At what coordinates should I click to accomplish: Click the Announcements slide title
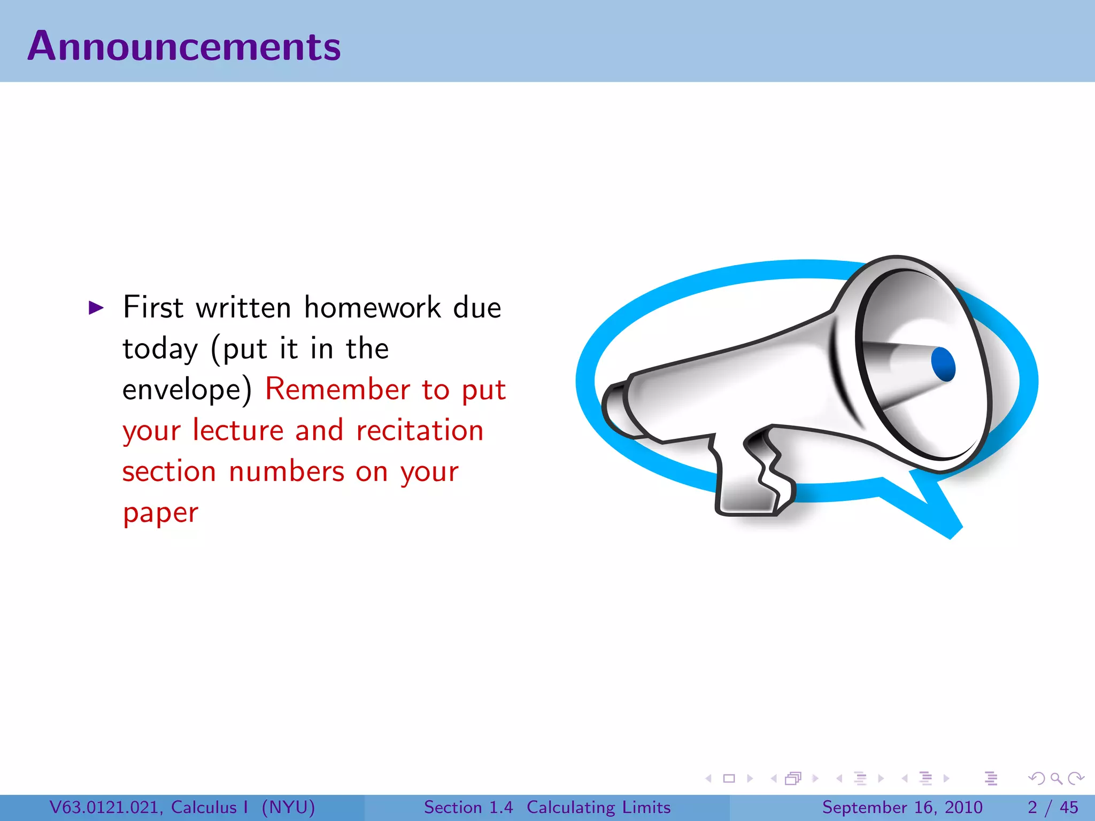[184, 47]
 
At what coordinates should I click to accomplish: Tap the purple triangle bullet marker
[96, 307]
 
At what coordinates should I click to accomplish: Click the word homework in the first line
[373, 308]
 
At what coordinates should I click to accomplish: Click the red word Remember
[337, 389]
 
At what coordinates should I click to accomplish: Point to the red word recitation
[420, 431]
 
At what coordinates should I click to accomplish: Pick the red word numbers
[287, 472]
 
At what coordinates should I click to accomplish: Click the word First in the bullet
[153, 307]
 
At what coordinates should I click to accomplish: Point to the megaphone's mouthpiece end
[615, 409]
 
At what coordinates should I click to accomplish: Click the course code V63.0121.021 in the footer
[104, 807]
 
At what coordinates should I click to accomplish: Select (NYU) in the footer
[288, 807]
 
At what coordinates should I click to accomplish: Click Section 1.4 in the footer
[468, 807]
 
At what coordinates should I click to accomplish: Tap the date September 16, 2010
[902, 807]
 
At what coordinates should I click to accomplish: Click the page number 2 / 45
[1052, 807]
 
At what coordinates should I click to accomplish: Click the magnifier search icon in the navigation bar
[1056, 778]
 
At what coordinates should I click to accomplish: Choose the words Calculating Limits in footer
[598, 807]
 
